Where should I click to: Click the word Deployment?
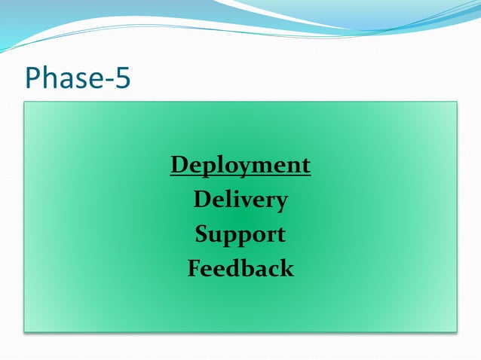click(240, 165)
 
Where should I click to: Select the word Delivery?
click(240, 200)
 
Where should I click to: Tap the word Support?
click(240, 234)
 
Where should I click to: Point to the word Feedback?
click(240, 268)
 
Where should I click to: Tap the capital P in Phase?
click(33, 78)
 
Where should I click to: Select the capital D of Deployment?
click(179, 164)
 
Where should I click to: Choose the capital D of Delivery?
click(202, 200)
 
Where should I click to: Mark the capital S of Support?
click(202, 234)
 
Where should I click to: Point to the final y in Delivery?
click(280, 203)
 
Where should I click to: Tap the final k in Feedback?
click(286, 268)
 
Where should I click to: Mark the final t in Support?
click(280, 235)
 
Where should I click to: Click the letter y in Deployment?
click(240, 169)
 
